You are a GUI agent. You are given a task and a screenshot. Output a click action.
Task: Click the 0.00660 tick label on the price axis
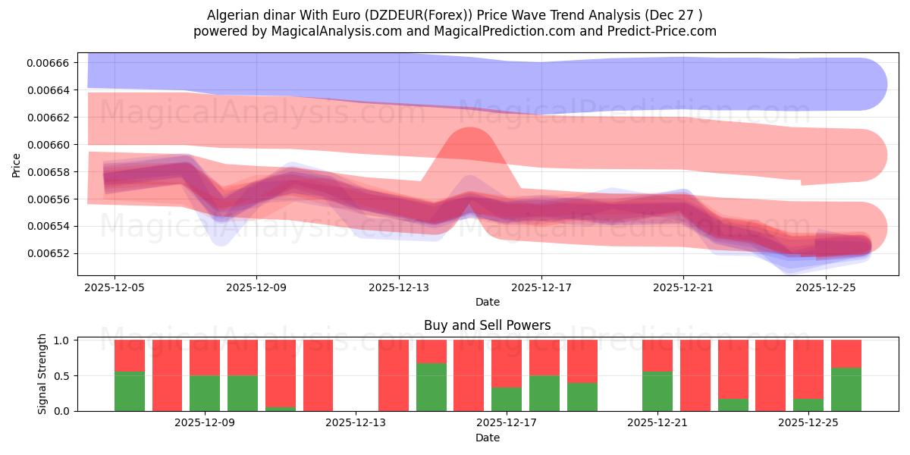(x=48, y=145)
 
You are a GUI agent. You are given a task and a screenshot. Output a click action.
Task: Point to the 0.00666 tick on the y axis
(x=48, y=63)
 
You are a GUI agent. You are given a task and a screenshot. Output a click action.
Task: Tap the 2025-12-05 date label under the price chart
(x=115, y=288)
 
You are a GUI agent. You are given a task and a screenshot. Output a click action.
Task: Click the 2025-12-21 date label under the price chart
(x=683, y=288)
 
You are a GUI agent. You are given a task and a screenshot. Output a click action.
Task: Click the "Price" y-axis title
(x=17, y=165)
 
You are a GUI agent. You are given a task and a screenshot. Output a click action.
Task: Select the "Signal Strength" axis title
(x=42, y=374)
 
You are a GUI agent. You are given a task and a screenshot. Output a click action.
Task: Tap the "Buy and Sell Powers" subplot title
(x=487, y=325)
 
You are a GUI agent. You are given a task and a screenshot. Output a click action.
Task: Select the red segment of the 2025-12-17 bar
(x=506, y=363)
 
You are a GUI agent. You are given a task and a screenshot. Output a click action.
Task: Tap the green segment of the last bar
(x=846, y=389)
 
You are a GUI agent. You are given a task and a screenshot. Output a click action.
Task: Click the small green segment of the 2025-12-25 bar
(x=808, y=405)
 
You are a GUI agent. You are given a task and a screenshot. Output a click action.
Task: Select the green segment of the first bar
(x=130, y=391)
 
